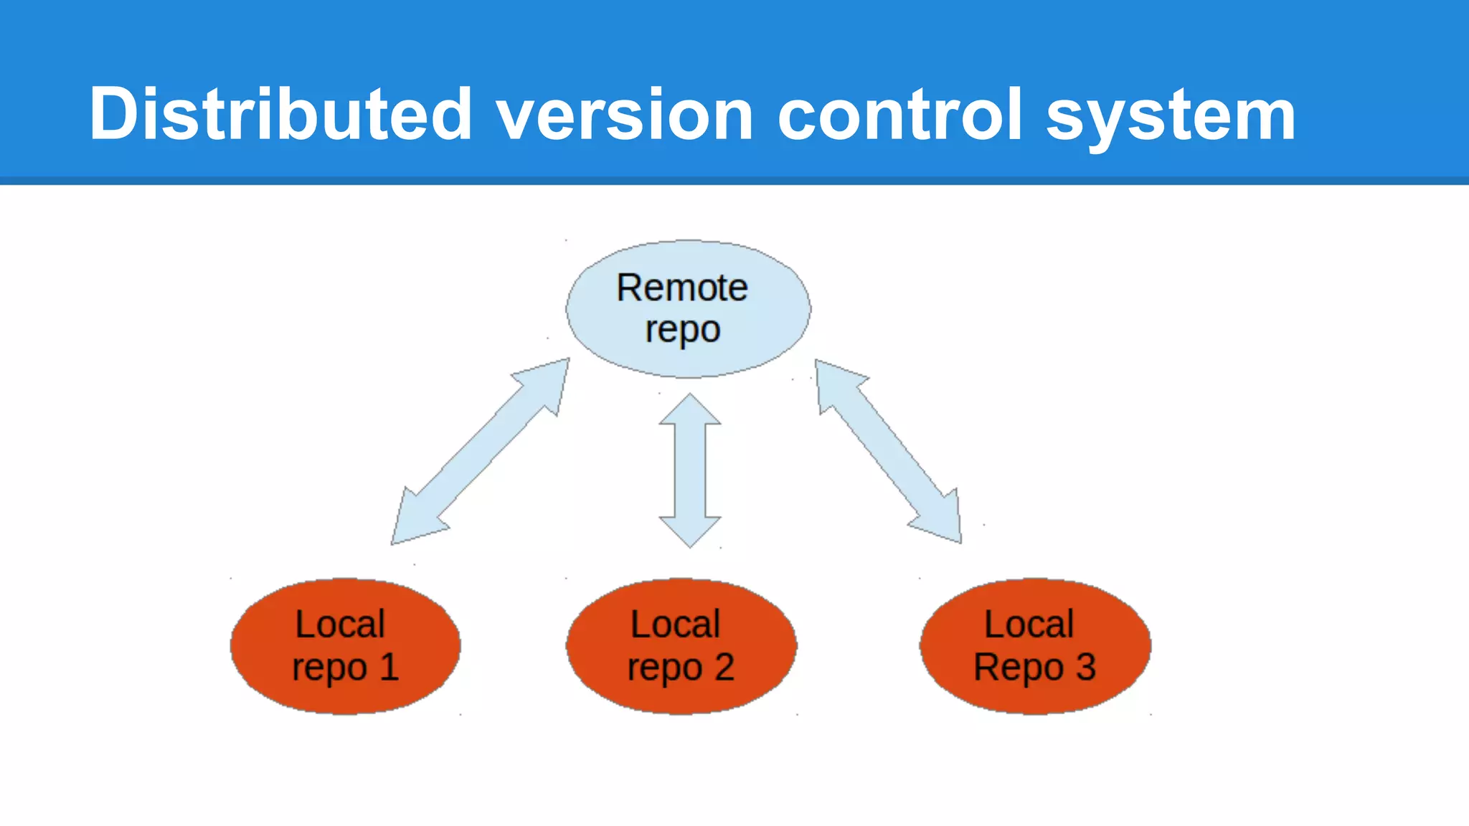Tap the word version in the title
point(624,115)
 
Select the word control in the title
point(899,113)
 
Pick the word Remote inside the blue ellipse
point(682,288)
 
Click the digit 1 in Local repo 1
point(389,667)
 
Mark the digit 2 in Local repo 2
point(724,667)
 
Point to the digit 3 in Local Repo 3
point(1085,667)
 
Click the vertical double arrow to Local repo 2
point(690,470)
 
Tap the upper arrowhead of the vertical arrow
point(690,411)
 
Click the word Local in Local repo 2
point(675,624)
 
